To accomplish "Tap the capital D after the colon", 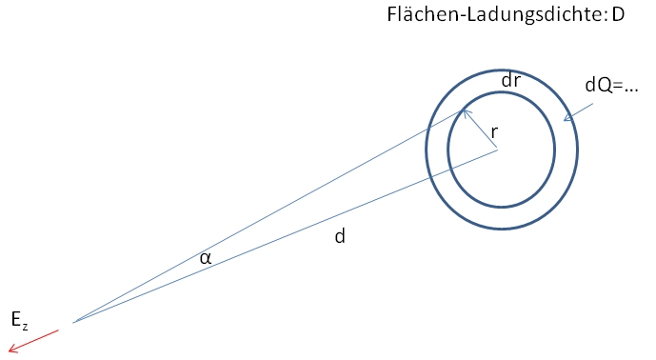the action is [x=618, y=15].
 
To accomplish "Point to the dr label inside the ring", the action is [x=511, y=80].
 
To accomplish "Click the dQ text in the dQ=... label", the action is [x=598, y=86].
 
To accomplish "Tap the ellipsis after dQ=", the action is [x=630, y=90].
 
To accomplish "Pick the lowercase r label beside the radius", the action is [x=494, y=132].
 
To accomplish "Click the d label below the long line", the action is [x=340, y=236].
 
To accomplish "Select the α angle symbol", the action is [x=206, y=258].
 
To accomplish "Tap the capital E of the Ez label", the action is [x=16, y=319].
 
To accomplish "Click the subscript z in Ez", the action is [x=25, y=327].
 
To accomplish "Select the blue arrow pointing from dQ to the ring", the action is [x=578, y=112].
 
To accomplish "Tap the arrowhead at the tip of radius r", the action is [x=465, y=111].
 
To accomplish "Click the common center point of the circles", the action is [x=497, y=150].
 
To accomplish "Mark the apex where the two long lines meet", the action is [x=73, y=323].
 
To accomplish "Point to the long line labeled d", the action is [x=286, y=236].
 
